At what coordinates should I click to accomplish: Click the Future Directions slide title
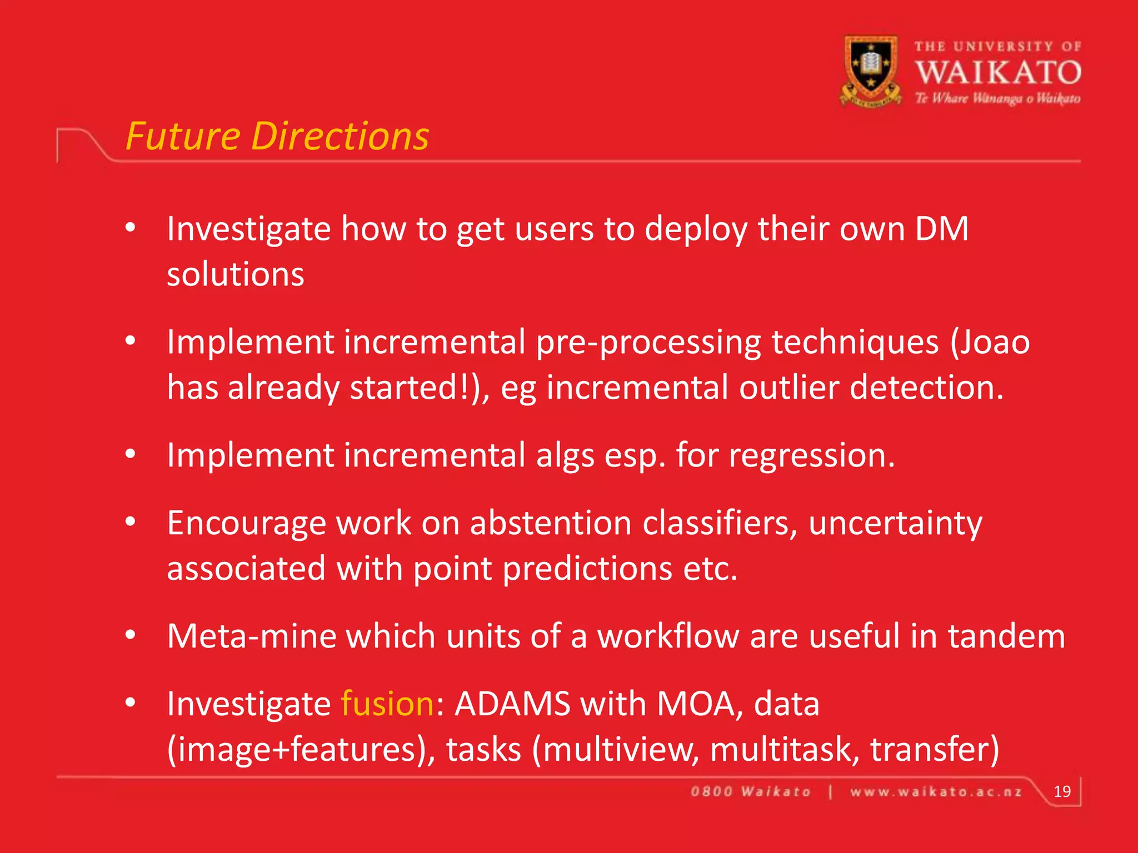[x=277, y=137]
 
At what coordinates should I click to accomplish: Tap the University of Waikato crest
[x=870, y=71]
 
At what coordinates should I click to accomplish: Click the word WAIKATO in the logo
[x=998, y=73]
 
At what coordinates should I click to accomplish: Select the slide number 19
[x=1062, y=791]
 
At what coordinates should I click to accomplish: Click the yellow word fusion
[x=387, y=704]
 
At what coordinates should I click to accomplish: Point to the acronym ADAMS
[x=512, y=704]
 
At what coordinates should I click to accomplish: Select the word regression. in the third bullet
[x=812, y=456]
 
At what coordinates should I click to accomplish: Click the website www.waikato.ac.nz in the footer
[x=936, y=792]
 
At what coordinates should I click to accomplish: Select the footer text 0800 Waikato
[x=751, y=792]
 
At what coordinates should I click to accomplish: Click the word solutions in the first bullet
[x=236, y=274]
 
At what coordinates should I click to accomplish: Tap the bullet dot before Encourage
[x=131, y=522]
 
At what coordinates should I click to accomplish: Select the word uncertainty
[x=895, y=524]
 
